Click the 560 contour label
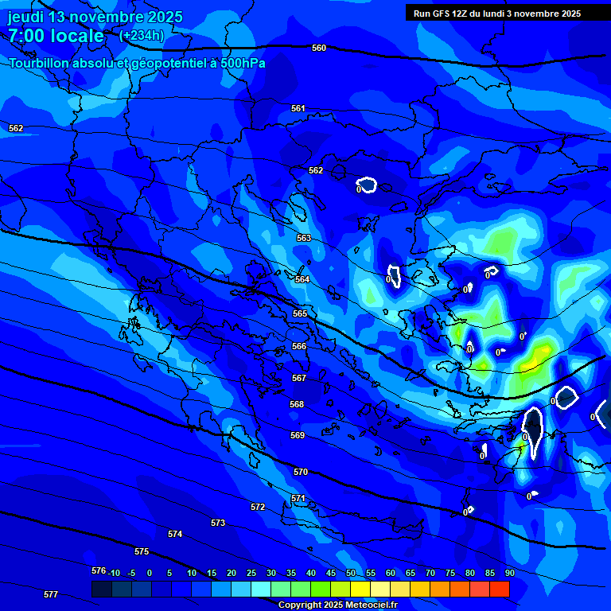coord(319,48)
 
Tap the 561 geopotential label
coord(298,108)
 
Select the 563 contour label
coord(304,238)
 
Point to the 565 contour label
coord(300,313)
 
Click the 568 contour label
coord(297,404)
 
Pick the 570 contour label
coord(301,472)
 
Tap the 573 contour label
coord(218,523)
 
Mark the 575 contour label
coord(142,551)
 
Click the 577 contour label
coord(51,594)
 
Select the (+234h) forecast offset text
coord(142,35)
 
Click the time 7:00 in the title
coord(29,36)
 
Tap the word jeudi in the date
coord(26,17)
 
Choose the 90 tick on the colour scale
coord(509,573)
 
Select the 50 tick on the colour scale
coord(350,573)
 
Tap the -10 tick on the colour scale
coord(114,573)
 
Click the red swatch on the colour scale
coord(499,589)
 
